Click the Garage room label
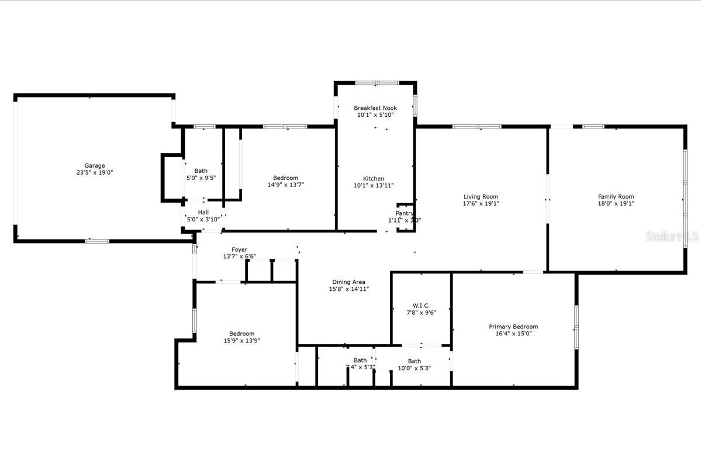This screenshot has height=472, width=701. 94,166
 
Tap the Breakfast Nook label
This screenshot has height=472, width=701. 375,108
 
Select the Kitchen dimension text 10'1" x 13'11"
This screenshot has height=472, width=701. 374,186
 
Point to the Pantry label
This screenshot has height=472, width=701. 404,213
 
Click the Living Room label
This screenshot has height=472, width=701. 481,197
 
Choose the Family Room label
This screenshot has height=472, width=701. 616,197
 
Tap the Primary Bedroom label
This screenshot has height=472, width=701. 513,327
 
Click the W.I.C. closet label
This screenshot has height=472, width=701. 421,306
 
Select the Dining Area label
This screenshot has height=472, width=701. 349,282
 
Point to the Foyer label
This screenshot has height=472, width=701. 239,250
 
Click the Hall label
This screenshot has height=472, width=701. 203,213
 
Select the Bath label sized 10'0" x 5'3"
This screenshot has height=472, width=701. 414,361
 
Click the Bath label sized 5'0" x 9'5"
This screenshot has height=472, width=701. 201,171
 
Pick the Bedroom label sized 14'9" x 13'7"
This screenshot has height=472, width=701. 285,178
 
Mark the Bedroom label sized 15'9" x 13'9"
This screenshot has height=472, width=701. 241,334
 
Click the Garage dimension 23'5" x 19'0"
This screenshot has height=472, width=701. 94,173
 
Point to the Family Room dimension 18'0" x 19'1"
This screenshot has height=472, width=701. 616,204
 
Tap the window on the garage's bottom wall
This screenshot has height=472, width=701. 97,241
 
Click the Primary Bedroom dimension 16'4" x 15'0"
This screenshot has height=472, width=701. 513,334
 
